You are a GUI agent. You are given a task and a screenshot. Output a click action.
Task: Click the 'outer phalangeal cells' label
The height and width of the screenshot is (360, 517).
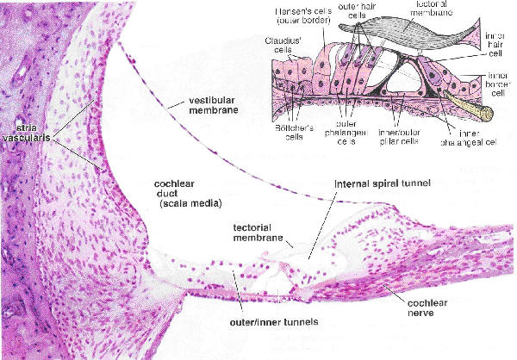click(x=348, y=130)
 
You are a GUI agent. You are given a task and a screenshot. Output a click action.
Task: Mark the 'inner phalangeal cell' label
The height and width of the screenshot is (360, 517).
click(x=477, y=135)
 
